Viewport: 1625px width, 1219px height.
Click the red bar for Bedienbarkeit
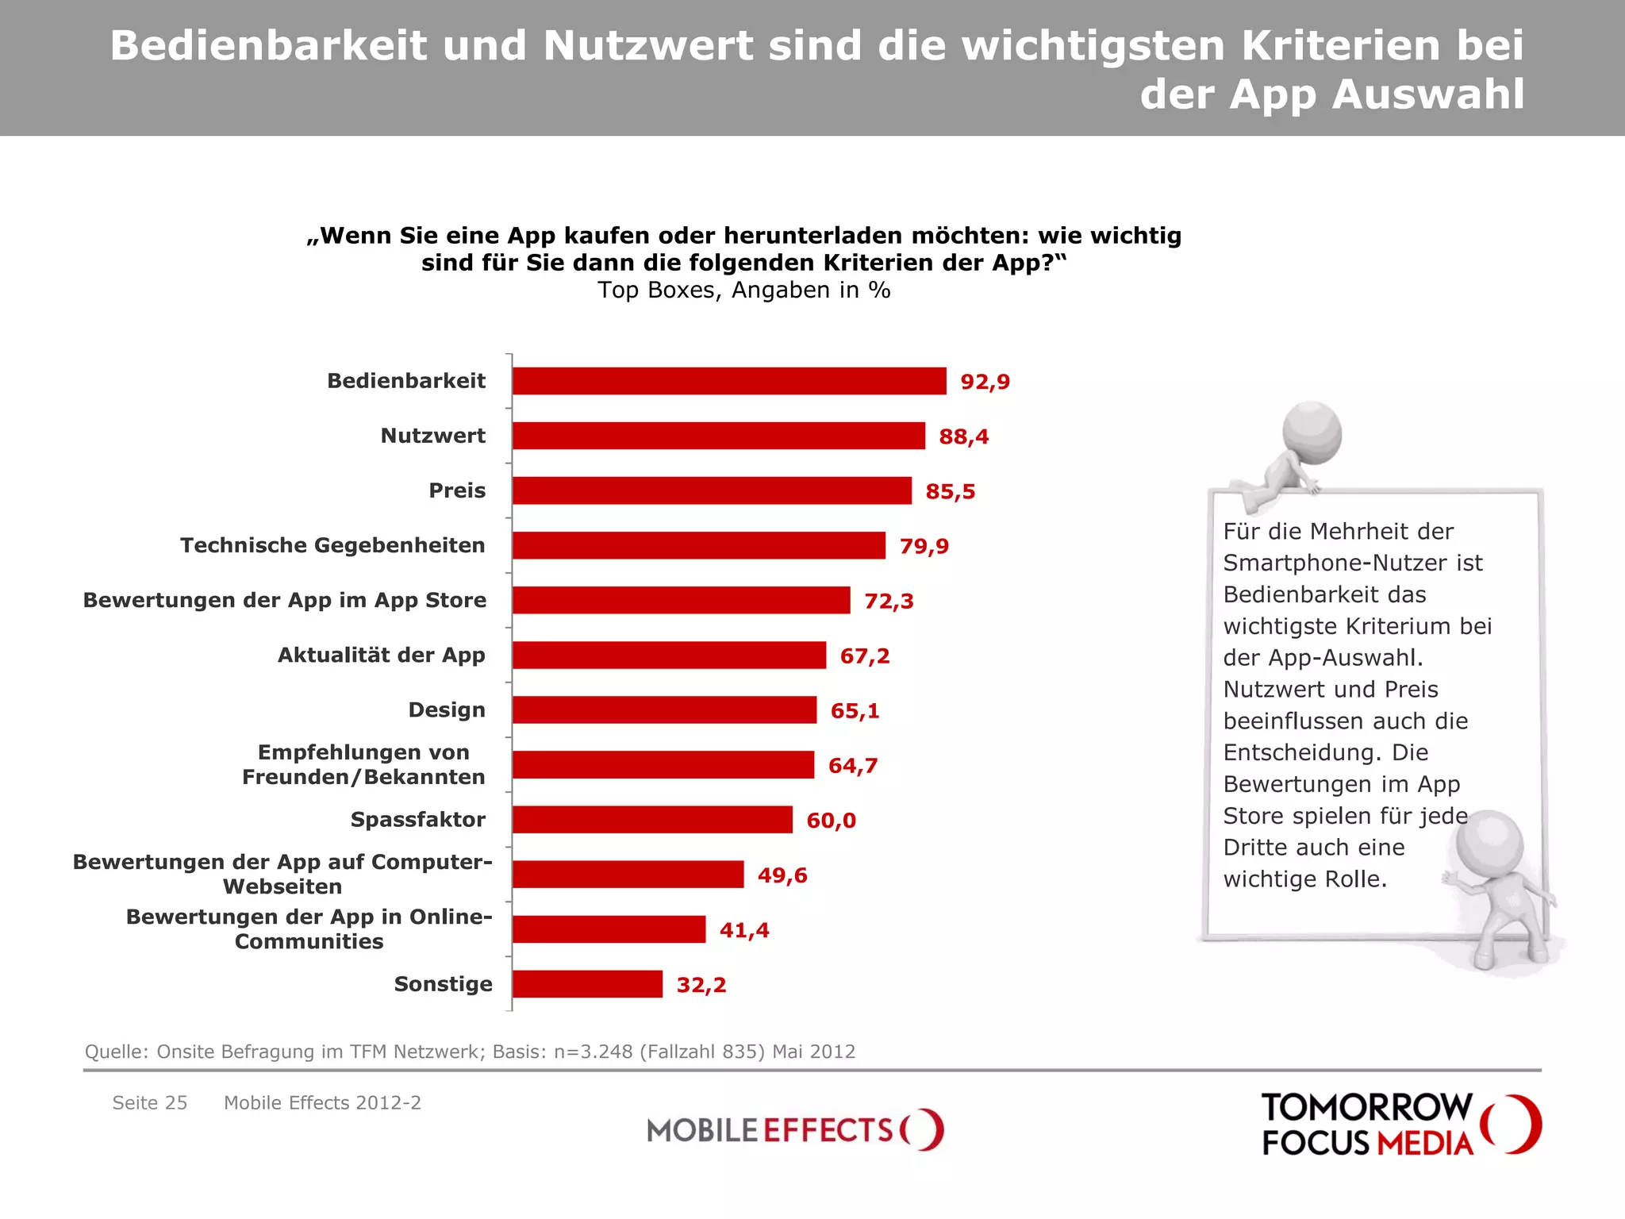pos(728,381)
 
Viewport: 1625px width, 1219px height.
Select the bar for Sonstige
pos(587,984)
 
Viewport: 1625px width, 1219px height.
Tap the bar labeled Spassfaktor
pos(652,820)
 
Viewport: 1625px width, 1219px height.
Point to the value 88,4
pos(963,436)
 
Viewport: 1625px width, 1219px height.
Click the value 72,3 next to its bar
pos(889,601)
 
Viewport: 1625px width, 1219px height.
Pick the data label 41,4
pos(743,930)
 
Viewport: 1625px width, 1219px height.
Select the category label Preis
pos(457,490)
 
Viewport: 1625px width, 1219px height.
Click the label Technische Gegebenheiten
pos(332,545)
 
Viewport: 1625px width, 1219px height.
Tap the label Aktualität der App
pos(381,655)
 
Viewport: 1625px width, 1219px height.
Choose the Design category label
pos(447,709)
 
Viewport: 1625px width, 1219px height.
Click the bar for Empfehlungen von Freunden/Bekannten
pos(663,765)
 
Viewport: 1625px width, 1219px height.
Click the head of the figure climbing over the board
pos(1312,433)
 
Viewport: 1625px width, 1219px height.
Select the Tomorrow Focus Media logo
pos(1400,1125)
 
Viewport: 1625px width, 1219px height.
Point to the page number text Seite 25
pos(150,1103)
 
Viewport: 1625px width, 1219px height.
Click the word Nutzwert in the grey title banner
pos(648,45)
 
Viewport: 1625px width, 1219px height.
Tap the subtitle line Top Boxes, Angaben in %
pos(743,290)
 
